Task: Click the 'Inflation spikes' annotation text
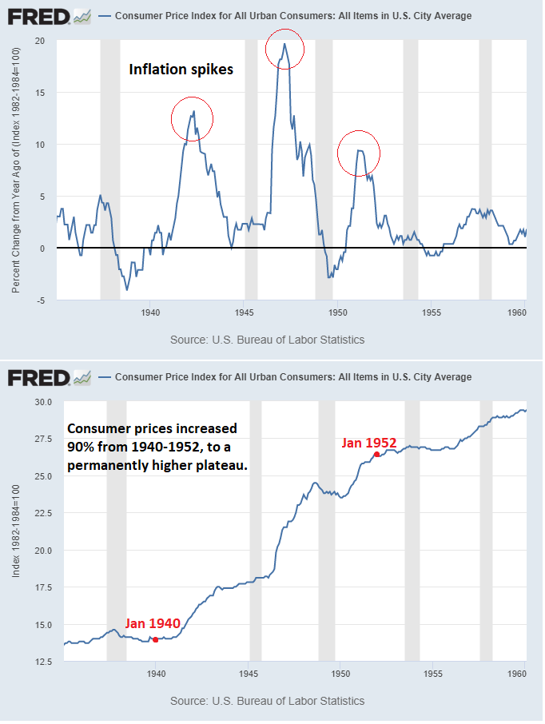(x=181, y=70)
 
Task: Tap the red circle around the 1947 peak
(x=285, y=47)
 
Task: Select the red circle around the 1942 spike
(x=193, y=119)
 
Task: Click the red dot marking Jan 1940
(x=155, y=639)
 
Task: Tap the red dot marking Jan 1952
(x=376, y=454)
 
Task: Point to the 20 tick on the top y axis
(x=40, y=41)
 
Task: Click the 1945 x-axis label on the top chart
(x=245, y=314)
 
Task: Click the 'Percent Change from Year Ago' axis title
(x=17, y=169)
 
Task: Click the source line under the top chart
(x=267, y=340)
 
